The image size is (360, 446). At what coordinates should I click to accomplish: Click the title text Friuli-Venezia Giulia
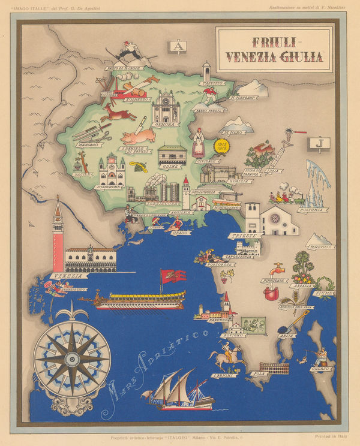pyautogui.click(x=274, y=49)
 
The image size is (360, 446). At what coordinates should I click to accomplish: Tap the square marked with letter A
pyautogui.click(x=178, y=46)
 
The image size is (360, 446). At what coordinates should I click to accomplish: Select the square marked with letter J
pyautogui.click(x=316, y=143)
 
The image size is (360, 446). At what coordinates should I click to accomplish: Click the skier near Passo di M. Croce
pyautogui.click(x=128, y=52)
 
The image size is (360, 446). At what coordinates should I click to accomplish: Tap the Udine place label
pyautogui.click(x=171, y=166)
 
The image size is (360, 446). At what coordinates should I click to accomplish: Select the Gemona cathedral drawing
pyautogui.click(x=166, y=108)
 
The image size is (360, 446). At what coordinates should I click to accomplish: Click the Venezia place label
pyautogui.click(x=68, y=276)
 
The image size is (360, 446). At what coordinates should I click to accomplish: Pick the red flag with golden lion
pyautogui.click(x=172, y=276)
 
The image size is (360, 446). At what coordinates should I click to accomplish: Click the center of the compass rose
pyautogui.click(x=71, y=359)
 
